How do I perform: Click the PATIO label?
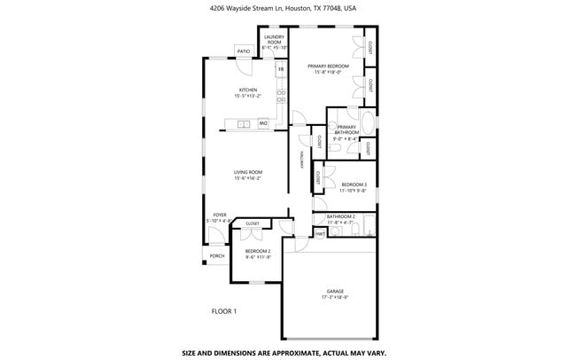pyautogui.click(x=243, y=51)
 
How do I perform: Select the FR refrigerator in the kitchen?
pyautogui.click(x=281, y=68)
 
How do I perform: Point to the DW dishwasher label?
pyautogui.click(x=262, y=123)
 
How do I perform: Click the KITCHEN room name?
pyautogui.click(x=247, y=90)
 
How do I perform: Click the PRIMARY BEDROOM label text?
pyautogui.click(x=328, y=67)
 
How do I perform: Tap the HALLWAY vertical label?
pyautogui.click(x=303, y=162)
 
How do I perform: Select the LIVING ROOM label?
pyautogui.click(x=248, y=172)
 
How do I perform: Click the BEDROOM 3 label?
pyautogui.click(x=354, y=184)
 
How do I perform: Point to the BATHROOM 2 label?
pyautogui.click(x=340, y=216)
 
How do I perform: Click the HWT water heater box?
pyautogui.click(x=319, y=233)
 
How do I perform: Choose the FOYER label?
pyautogui.click(x=220, y=215)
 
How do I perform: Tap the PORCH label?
pyautogui.click(x=216, y=257)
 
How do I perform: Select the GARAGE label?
pyautogui.click(x=334, y=291)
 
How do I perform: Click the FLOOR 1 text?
pyautogui.click(x=223, y=311)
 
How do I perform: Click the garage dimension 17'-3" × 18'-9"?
pyautogui.click(x=334, y=297)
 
